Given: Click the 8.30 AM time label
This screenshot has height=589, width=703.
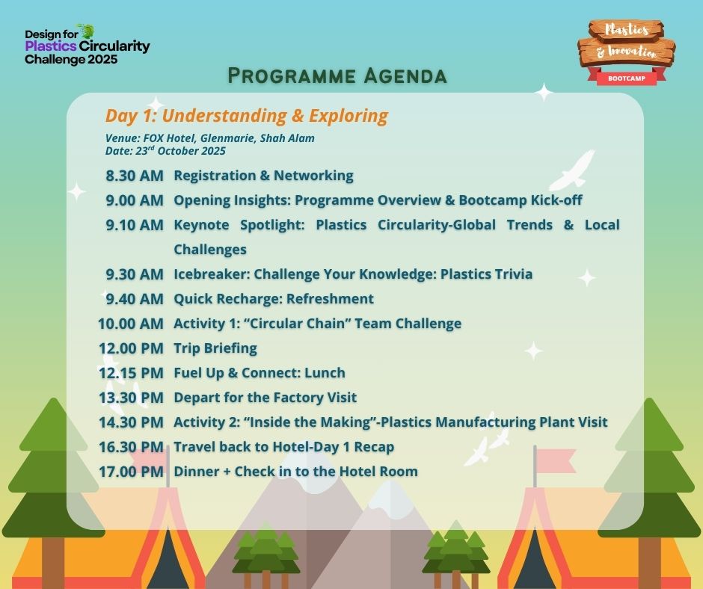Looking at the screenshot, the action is [135, 176].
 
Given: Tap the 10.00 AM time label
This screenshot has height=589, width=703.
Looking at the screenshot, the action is [131, 324].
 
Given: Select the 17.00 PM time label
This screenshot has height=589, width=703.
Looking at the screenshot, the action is [131, 472].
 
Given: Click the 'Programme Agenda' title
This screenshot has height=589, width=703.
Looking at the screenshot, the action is [337, 75].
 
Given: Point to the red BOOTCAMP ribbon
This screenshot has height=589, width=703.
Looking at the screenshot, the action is [626, 78].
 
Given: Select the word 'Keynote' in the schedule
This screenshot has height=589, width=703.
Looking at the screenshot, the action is [201, 225].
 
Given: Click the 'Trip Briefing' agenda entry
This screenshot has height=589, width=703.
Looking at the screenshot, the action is [215, 348].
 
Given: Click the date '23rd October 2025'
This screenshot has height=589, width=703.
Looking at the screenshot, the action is [180, 150].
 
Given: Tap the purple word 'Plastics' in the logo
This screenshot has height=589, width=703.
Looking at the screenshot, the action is [51, 46].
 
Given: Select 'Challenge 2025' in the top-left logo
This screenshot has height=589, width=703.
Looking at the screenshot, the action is [71, 60].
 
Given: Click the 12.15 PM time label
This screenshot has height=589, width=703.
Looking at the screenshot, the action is [131, 373].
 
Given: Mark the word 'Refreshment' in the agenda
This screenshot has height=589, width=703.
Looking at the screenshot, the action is [330, 299].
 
